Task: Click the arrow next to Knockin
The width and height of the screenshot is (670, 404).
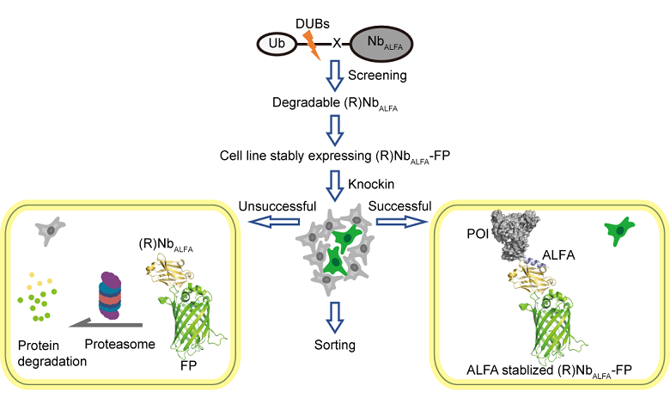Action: [336, 181]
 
